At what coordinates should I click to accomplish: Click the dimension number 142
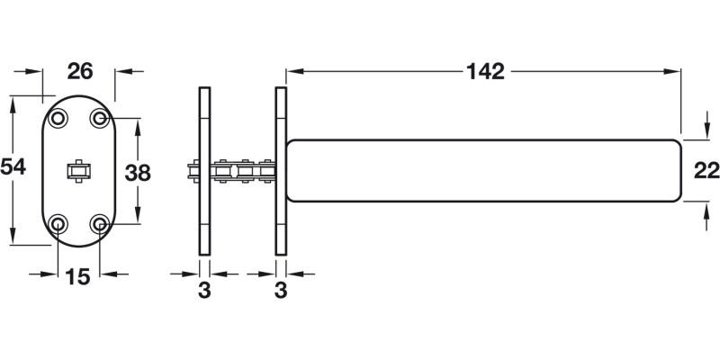click(485, 70)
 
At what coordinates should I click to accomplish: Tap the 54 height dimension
click(13, 167)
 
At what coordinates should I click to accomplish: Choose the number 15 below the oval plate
click(78, 277)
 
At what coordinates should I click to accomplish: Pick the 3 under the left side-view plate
click(204, 290)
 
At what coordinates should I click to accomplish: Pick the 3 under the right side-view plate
click(281, 290)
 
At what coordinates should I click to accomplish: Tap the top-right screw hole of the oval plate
click(100, 118)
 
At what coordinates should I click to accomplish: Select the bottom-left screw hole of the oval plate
click(58, 223)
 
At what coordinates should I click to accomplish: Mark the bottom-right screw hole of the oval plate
click(100, 223)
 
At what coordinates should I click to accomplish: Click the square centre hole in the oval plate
click(79, 170)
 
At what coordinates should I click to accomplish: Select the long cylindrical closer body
click(484, 171)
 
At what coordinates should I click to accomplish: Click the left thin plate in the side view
click(204, 171)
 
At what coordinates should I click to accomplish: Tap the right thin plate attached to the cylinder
click(281, 171)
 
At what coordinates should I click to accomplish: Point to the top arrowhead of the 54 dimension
click(13, 103)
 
